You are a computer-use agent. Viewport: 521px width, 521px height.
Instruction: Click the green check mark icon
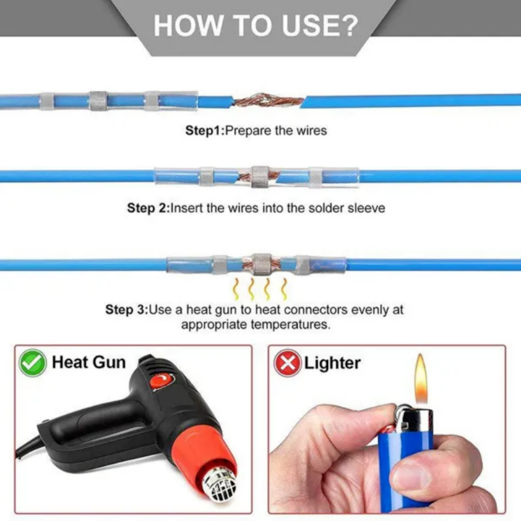[33, 363]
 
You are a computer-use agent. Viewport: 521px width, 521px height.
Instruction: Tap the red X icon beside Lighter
[287, 363]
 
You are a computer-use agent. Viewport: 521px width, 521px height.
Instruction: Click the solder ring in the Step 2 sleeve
[260, 177]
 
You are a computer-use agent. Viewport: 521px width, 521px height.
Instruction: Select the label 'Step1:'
[204, 130]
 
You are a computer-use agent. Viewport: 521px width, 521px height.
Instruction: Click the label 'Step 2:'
[148, 208]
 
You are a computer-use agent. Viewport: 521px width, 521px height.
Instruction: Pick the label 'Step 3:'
[127, 309]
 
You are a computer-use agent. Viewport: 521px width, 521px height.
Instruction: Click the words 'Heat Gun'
[89, 362]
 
